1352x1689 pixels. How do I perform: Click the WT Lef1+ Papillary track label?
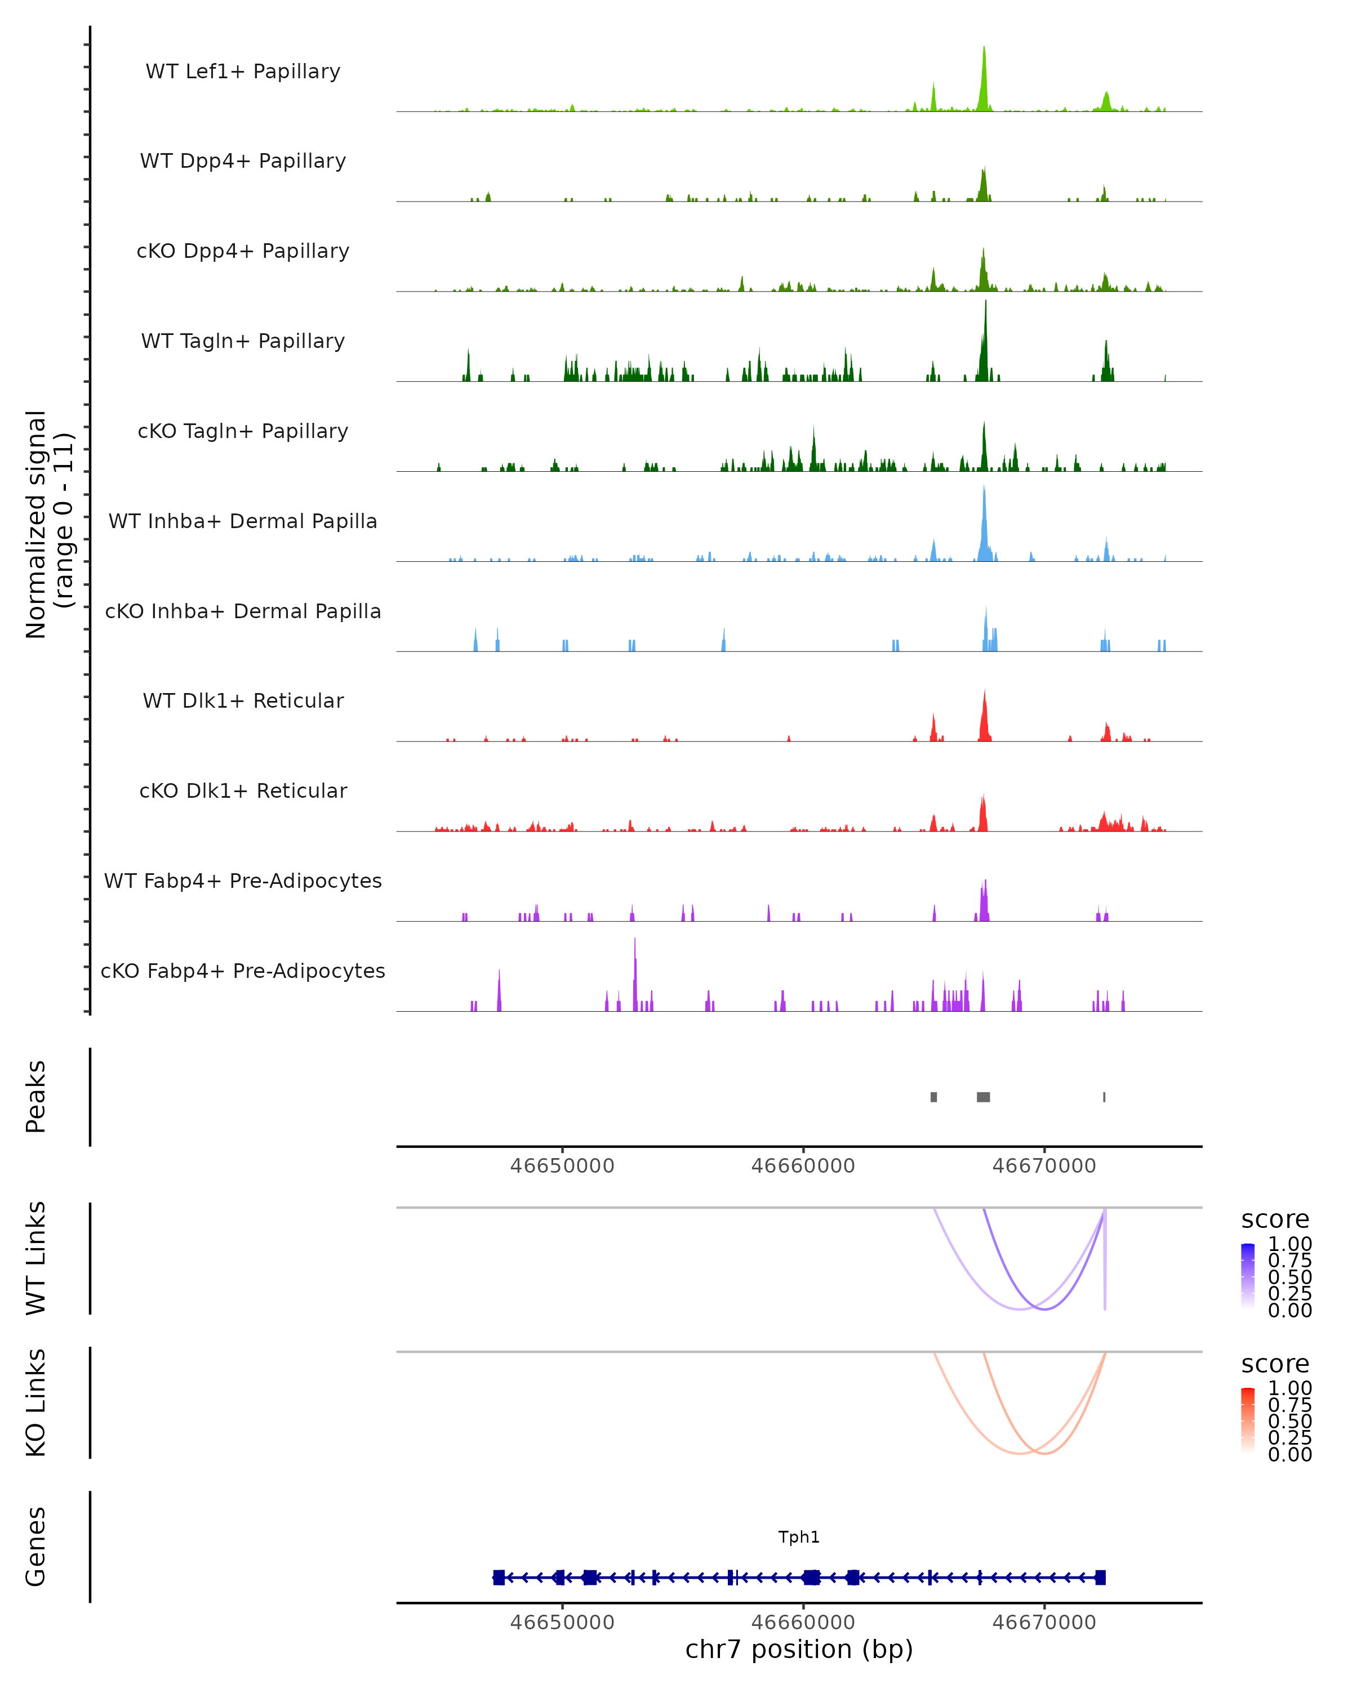[x=243, y=72]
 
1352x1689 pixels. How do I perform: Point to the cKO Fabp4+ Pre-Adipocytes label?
[x=243, y=971]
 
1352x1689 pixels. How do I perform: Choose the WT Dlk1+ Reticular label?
[x=243, y=700]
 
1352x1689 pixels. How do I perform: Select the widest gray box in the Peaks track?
[x=983, y=1097]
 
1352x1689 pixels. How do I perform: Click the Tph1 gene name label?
[x=799, y=1537]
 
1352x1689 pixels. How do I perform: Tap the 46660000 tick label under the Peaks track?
[x=803, y=1166]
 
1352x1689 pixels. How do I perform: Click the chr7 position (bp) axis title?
[x=799, y=1649]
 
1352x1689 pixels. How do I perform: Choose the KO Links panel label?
[x=36, y=1402]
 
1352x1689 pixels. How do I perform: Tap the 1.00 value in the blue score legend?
[x=1289, y=1244]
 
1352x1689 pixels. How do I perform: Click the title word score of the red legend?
[x=1275, y=1364]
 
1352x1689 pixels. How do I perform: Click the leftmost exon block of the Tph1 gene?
[x=499, y=1577]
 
